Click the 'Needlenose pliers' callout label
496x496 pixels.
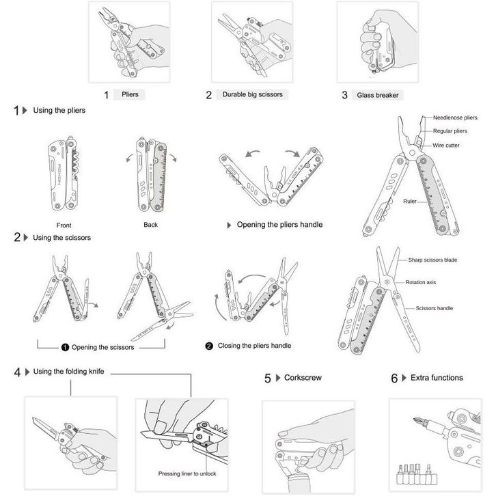pyautogui.click(x=455, y=118)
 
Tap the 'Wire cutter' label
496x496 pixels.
pyautogui.click(x=445, y=146)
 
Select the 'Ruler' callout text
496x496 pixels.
pyautogui.click(x=410, y=201)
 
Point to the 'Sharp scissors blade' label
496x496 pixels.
pyautogui.click(x=432, y=260)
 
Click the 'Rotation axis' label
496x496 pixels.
pyautogui.click(x=420, y=282)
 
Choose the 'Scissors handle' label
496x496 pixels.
pyautogui.click(x=434, y=308)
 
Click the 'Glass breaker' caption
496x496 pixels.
pyautogui.click(x=378, y=95)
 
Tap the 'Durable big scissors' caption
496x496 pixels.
pyautogui.click(x=252, y=94)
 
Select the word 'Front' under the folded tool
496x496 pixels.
pyautogui.click(x=64, y=225)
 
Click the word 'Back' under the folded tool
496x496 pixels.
pyautogui.click(x=150, y=225)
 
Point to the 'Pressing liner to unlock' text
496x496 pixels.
pyautogui.click(x=187, y=473)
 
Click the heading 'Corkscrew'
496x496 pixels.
pyautogui.click(x=303, y=377)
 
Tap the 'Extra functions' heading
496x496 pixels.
pyautogui.click(x=437, y=377)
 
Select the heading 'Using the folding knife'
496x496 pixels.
pyautogui.click(x=68, y=372)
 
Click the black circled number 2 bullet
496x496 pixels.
pyautogui.click(x=209, y=346)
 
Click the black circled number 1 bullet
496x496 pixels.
pyautogui.click(x=65, y=347)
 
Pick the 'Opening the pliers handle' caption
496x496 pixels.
pyautogui.click(x=279, y=225)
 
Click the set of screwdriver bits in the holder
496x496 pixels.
pyautogui.click(x=417, y=474)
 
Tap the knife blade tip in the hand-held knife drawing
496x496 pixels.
pyautogui.click(x=33, y=418)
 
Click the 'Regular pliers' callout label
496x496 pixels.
pyautogui.click(x=450, y=131)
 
